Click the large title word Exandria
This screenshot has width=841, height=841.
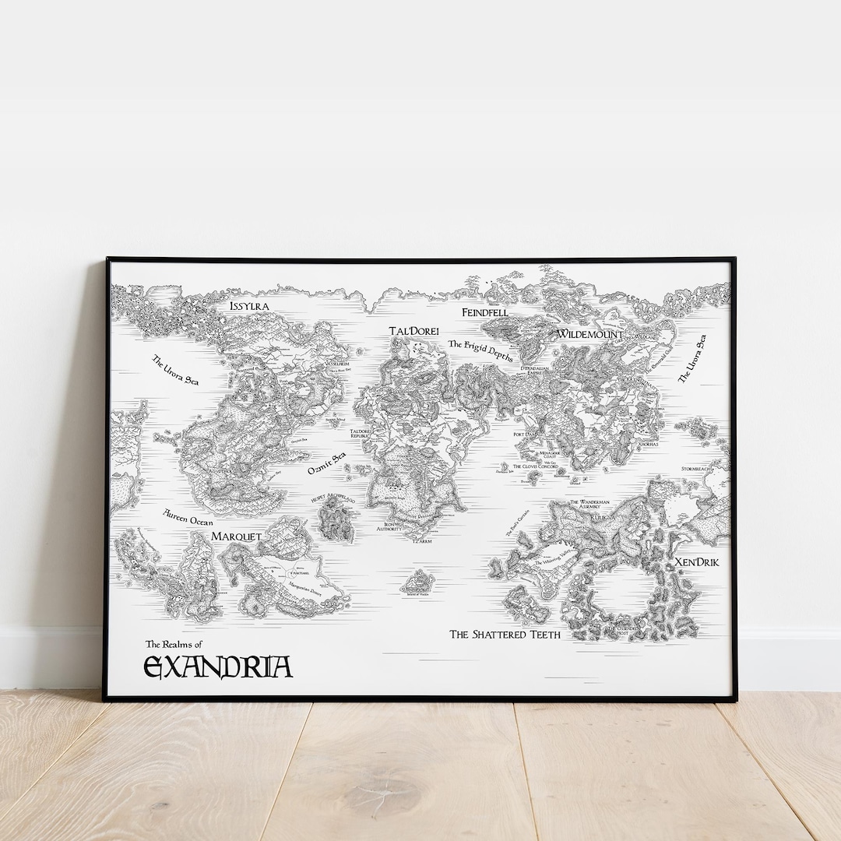click(x=218, y=667)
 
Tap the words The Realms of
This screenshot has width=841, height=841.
click(x=174, y=645)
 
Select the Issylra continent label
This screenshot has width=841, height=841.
click(x=249, y=306)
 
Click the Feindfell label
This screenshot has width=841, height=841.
click(x=484, y=312)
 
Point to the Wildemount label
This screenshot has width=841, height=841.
click(x=589, y=334)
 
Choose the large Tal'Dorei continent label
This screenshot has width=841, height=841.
click(x=413, y=331)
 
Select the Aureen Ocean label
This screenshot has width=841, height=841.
click(x=188, y=518)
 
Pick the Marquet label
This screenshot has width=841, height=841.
click(x=236, y=537)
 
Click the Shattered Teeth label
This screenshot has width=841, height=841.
click(x=505, y=634)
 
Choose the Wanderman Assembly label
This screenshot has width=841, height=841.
click(x=589, y=505)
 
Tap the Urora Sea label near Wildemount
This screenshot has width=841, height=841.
click(x=691, y=359)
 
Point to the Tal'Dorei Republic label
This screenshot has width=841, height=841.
click(x=361, y=434)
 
